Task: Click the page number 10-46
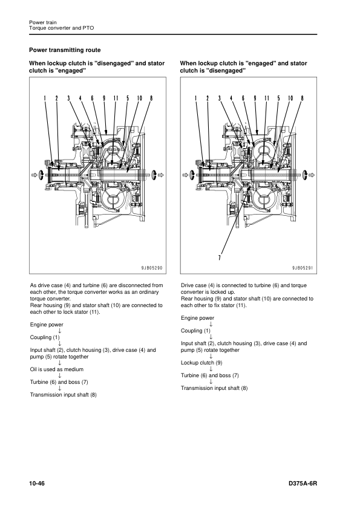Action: click(x=37, y=484)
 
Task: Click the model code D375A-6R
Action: click(x=303, y=484)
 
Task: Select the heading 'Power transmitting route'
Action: click(x=65, y=50)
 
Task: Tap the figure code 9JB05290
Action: click(x=152, y=268)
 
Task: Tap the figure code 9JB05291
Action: click(x=303, y=268)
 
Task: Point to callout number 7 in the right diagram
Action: click(x=220, y=258)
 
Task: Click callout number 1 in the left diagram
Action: click(x=45, y=98)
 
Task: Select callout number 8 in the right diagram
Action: click(x=302, y=98)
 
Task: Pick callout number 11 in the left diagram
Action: click(x=116, y=98)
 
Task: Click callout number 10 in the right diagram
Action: click(x=290, y=98)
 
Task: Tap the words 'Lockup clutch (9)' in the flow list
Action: click(x=201, y=363)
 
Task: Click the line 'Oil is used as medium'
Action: click(x=57, y=369)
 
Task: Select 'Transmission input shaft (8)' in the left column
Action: click(x=64, y=395)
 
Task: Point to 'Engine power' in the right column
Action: click(x=197, y=318)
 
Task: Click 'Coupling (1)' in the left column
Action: click(x=45, y=337)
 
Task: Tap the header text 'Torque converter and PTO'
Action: click(x=61, y=28)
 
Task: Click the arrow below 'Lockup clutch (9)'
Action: click(x=211, y=369)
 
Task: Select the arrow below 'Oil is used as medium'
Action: click(x=60, y=375)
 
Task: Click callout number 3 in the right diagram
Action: click(x=220, y=98)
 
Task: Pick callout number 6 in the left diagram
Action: click(x=93, y=98)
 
